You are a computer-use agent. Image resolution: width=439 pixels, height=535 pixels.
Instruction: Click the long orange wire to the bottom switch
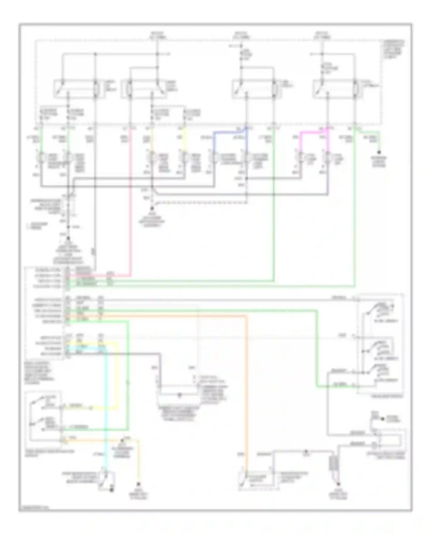point(247,380)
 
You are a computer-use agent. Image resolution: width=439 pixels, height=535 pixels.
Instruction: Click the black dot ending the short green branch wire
point(379,152)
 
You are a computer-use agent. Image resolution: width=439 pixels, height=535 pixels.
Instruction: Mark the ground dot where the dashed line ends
point(152,209)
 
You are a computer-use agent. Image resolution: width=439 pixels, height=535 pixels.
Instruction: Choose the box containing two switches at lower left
point(44,416)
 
